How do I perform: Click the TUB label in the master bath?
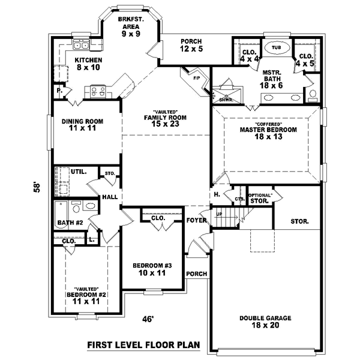[x=276, y=47]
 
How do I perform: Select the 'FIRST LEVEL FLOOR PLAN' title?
[x=143, y=346]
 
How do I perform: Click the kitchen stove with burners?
[x=97, y=92]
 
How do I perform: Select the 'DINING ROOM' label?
[x=83, y=125]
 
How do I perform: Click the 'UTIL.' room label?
[x=78, y=172]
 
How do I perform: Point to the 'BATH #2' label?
[x=70, y=223]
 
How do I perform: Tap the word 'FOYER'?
[x=196, y=221]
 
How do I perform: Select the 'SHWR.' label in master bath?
[x=226, y=100]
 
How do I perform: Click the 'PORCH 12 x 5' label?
[x=195, y=45]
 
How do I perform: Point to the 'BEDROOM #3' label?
[x=152, y=269]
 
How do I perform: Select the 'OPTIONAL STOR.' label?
[x=260, y=199]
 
